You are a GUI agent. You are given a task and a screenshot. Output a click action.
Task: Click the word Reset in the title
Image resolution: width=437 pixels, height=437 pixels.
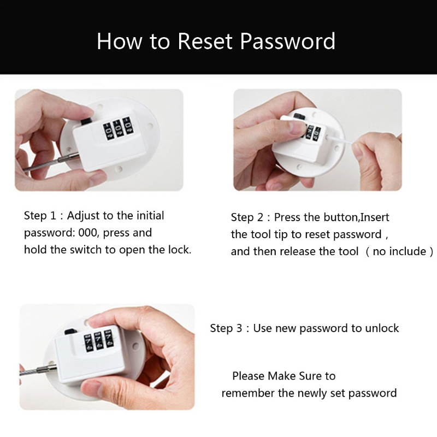pos(205,42)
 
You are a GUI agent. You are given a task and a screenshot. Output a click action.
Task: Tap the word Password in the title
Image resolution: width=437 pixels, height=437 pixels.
pos(288,42)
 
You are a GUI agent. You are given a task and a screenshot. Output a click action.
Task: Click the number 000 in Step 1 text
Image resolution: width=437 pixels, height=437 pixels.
pos(87,233)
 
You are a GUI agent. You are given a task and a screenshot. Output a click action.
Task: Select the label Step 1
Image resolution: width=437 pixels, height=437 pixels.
pos(40,216)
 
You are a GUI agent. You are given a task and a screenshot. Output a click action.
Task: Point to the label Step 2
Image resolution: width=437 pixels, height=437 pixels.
pos(247,217)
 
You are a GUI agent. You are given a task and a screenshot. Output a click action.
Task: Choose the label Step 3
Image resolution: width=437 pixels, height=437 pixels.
pos(226,328)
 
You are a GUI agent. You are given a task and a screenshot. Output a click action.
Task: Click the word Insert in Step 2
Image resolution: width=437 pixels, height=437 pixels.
pos(375,217)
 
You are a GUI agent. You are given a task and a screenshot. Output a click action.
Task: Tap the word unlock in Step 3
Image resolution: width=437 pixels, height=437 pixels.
pos(382,328)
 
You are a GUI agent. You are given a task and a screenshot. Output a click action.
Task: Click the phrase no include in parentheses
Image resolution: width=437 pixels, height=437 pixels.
pos(399,251)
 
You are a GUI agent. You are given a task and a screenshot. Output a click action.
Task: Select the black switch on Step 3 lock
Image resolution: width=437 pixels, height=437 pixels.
pos(70,332)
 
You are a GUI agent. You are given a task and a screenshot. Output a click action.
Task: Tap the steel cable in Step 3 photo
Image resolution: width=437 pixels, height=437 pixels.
pos(38,370)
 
